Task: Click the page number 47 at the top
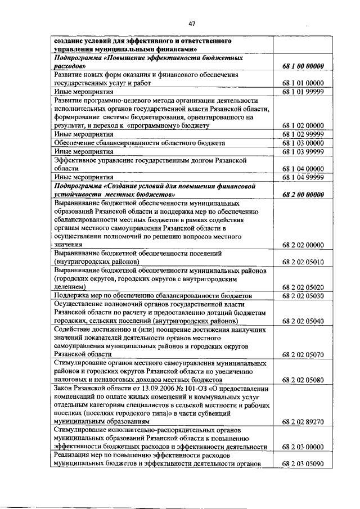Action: click(x=192, y=24)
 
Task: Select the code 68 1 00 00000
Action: click(x=303, y=66)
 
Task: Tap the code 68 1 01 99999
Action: click(x=303, y=92)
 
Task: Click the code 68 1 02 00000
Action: click(x=303, y=125)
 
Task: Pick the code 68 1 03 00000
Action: click(x=303, y=143)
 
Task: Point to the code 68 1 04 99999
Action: click(x=303, y=177)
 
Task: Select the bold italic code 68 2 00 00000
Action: click(x=303, y=195)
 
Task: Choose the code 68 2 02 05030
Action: click(x=303, y=296)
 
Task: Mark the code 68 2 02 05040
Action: click(x=303, y=321)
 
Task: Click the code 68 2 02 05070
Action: click(x=303, y=355)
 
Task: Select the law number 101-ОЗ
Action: click(x=186, y=389)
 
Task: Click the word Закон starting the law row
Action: click(x=64, y=389)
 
